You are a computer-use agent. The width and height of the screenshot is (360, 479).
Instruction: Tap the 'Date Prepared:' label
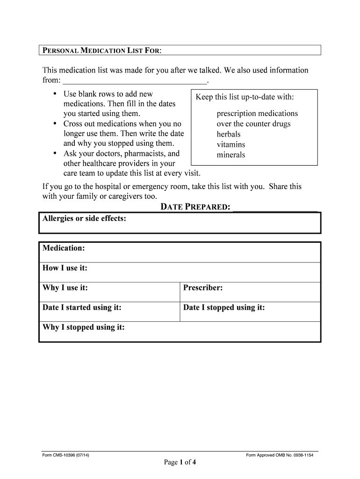click(195, 207)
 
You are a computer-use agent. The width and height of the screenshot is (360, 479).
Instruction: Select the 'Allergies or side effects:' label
click(84, 218)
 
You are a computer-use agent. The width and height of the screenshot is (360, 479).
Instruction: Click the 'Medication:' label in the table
click(64, 248)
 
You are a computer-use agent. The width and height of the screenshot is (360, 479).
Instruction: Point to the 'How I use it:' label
click(65, 268)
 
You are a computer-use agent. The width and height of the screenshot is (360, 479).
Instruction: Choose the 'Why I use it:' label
click(65, 288)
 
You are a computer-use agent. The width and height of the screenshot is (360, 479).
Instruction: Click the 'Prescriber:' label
click(203, 288)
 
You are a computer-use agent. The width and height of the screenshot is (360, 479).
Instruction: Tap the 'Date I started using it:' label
click(82, 307)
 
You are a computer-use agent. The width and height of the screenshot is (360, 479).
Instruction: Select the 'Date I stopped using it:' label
click(224, 307)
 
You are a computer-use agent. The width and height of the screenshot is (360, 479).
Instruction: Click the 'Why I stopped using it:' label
click(84, 327)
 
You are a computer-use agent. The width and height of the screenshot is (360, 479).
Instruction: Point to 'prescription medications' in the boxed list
click(257, 114)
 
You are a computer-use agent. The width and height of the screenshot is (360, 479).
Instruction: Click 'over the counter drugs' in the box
click(253, 124)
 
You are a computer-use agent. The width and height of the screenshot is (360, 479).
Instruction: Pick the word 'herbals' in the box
click(229, 134)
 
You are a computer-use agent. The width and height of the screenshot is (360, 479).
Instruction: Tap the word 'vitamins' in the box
click(230, 145)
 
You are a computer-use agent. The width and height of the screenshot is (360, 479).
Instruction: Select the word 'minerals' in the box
click(230, 155)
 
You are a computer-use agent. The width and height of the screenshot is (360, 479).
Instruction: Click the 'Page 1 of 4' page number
click(180, 463)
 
